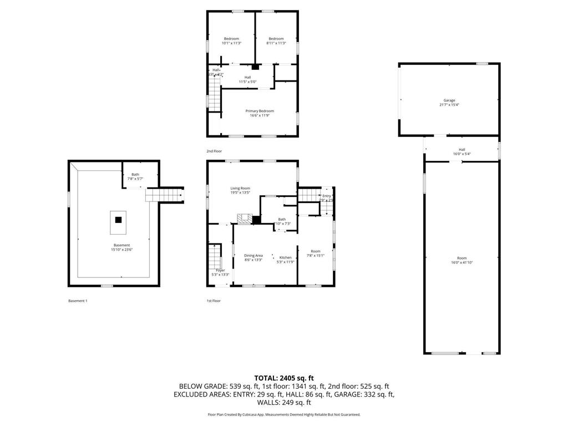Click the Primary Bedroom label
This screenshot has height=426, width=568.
click(260, 111)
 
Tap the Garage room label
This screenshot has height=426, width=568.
click(449, 100)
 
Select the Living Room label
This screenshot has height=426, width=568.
click(240, 188)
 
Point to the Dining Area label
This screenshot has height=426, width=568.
click(253, 256)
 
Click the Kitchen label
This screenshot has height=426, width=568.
click(285, 257)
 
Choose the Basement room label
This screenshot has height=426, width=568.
click(121, 245)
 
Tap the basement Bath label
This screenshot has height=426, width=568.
click(135, 174)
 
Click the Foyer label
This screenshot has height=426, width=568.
click(220, 270)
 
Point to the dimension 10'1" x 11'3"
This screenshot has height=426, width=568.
click(231, 43)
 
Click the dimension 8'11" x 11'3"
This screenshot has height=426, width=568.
click(276, 43)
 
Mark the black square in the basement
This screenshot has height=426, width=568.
click(118, 220)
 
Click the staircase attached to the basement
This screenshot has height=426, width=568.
click(164, 195)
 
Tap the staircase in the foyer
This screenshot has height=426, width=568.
click(215, 256)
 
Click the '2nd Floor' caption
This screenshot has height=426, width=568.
click(214, 151)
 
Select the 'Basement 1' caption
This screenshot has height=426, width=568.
click(78, 301)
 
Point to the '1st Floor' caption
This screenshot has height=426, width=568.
click(214, 301)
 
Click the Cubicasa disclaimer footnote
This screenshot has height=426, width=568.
click(283, 414)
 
